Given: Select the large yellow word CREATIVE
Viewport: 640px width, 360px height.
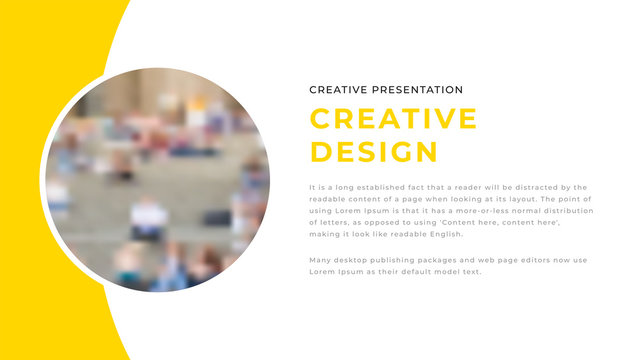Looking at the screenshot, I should pos(393,119).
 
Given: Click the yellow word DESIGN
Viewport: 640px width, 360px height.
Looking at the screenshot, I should pos(374,152).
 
